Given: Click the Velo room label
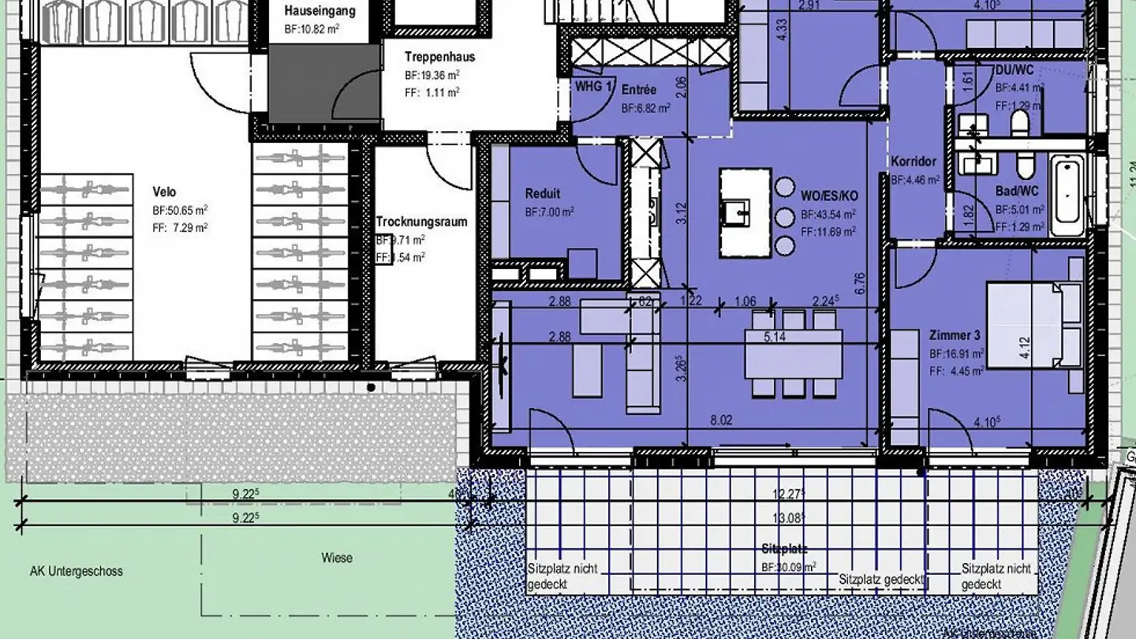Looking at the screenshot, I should coord(165,192).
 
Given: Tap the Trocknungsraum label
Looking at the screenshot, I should coord(421,222).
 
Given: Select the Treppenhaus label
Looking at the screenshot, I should coord(439,57).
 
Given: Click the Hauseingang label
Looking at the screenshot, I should coord(319,11).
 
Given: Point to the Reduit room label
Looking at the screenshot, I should coord(543,193).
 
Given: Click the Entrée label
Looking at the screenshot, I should coord(638,89).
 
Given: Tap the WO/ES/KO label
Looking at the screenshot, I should coord(828,195).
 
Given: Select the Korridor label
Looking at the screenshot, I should coord(914,162).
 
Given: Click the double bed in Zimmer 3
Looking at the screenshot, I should coord(1032,326).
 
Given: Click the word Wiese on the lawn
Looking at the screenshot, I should coord(337,558).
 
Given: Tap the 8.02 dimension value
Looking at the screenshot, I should coord(721,420).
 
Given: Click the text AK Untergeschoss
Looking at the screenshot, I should coord(76,571).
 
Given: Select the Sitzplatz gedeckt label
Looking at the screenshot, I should coord(881,579).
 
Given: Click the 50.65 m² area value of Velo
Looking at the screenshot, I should coord(180,211).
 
